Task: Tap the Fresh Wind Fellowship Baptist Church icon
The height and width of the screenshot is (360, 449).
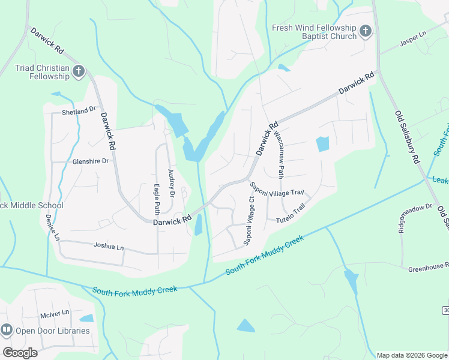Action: [366, 31]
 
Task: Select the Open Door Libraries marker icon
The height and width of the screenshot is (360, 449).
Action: [7, 330]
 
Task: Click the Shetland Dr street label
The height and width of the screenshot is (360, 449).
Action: [79, 111]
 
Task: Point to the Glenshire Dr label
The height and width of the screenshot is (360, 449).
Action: [90, 161]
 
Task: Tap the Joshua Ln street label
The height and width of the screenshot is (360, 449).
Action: [108, 246]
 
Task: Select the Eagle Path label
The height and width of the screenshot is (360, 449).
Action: [157, 199]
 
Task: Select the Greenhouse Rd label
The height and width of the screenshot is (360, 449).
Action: [428, 269]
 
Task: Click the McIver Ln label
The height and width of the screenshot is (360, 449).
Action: [55, 313]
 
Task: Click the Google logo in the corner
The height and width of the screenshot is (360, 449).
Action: [20, 352]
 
